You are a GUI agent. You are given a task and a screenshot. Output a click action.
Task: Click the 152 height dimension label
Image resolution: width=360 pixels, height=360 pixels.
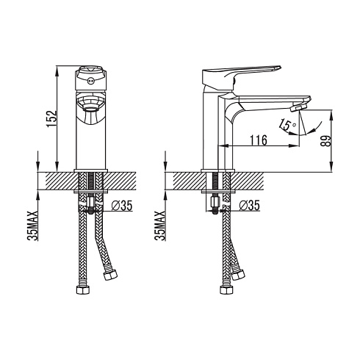[x=52, y=119]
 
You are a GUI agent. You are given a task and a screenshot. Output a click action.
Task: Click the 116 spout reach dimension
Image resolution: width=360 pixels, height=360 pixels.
[x=259, y=140]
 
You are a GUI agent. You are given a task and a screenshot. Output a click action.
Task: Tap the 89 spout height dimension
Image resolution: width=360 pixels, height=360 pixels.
[x=326, y=141]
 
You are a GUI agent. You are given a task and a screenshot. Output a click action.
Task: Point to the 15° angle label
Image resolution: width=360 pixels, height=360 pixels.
[x=287, y=125]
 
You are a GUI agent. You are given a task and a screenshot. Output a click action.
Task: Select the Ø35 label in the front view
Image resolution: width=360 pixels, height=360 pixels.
[x=122, y=206]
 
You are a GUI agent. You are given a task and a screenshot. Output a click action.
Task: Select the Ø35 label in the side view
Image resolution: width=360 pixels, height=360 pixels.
[x=249, y=206]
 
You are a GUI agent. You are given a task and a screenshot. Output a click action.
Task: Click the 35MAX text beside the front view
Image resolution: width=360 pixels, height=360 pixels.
[x=33, y=226]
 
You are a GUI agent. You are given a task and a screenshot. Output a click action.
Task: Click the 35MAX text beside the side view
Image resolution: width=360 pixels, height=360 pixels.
[x=161, y=226]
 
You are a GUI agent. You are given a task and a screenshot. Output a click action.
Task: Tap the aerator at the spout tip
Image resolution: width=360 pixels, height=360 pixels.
[x=299, y=107]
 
